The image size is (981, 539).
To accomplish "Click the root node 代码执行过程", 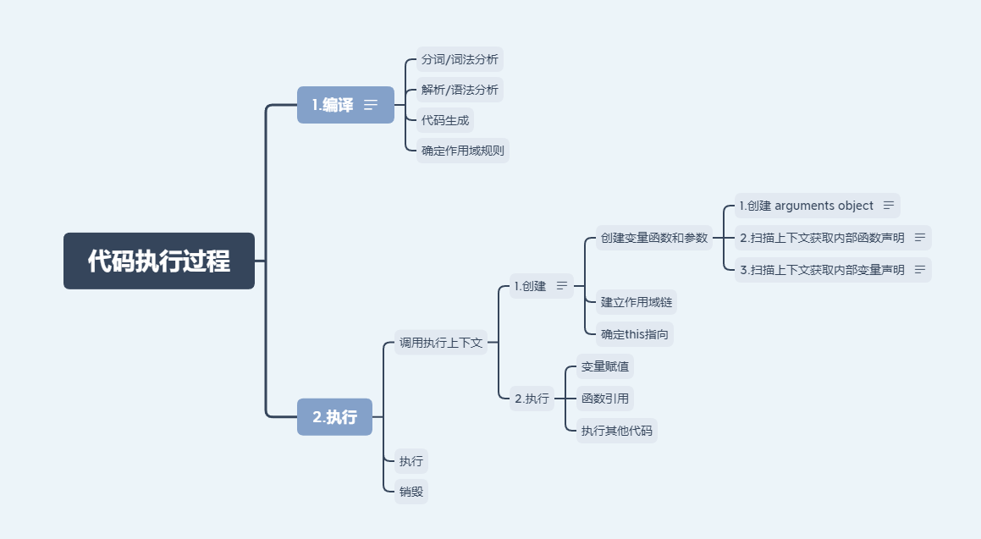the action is point(159,261).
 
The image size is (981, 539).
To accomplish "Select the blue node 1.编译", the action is point(333,105).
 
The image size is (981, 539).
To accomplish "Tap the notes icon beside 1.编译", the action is point(371,105).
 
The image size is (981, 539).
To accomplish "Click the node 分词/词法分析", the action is point(460,59).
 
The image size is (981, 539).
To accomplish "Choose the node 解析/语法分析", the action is point(460,90).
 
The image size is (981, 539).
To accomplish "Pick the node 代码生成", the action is point(445,120).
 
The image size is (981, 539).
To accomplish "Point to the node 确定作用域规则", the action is point(463,151).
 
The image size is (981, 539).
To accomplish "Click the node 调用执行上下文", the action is point(441,343).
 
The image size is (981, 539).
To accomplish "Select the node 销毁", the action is point(411,491).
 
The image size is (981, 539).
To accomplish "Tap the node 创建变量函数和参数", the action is point(653,238).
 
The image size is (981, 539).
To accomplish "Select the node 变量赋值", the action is point(605,367).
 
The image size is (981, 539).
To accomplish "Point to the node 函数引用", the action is point(605,399).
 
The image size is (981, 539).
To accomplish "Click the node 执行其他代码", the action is point(617,431).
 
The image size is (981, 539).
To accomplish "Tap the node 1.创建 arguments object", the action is point(806,206).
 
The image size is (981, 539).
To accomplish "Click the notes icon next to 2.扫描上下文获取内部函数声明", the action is point(920,238).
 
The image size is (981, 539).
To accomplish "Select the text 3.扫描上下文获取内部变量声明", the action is point(822,270).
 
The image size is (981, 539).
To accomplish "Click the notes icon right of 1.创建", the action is point(562,286).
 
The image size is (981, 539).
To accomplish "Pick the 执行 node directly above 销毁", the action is point(411,461).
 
